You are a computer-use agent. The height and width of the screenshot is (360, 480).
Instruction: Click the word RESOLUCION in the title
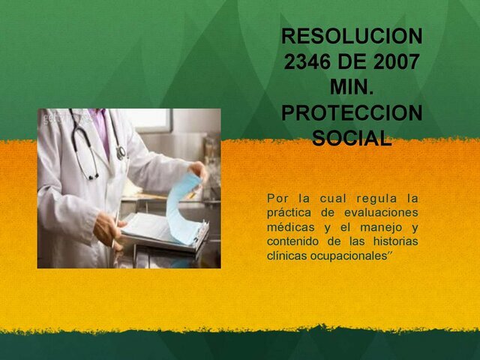(x=352, y=36)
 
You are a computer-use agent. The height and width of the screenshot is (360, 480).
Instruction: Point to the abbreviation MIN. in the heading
(x=352, y=88)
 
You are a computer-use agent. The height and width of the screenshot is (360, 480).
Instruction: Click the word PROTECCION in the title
(x=352, y=113)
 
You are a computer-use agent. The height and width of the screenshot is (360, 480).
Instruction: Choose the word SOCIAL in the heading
(x=352, y=139)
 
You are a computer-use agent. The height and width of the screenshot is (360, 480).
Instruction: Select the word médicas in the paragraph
(x=290, y=227)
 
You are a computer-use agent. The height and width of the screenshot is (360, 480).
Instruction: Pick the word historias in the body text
(x=394, y=241)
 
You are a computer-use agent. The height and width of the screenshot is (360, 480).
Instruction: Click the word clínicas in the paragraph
(x=287, y=256)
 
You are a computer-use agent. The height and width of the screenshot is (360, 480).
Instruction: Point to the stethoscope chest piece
(x=121, y=153)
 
